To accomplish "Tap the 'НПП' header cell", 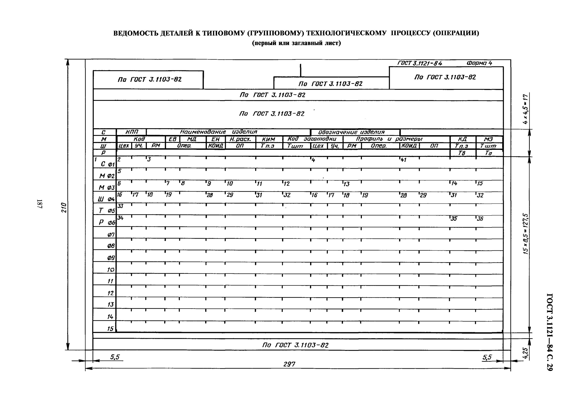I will click(x=132, y=132).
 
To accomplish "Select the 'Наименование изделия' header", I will click(x=218, y=132).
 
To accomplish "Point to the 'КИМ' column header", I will click(x=268, y=139).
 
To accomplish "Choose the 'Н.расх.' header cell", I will click(x=240, y=139).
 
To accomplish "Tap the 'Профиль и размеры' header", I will click(x=389, y=139).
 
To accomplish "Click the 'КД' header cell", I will click(x=462, y=139).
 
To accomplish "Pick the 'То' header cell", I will click(x=488, y=153).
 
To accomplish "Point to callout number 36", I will click(x=480, y=219).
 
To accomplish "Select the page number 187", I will click(x=40, y=204).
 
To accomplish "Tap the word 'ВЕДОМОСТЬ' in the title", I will click(x=136, y=33).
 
